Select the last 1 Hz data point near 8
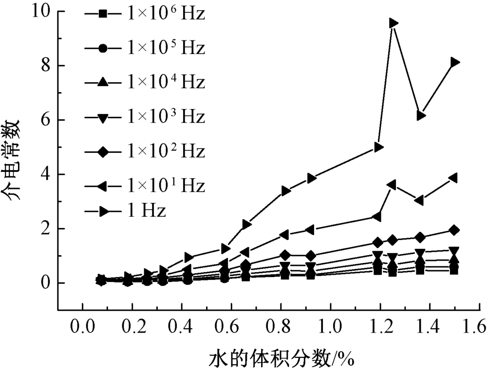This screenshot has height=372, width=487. tap(455, 62)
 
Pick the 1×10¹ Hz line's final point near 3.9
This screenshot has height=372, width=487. tap(453, 178)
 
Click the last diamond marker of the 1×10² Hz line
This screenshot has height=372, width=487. tap(454, 230)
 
